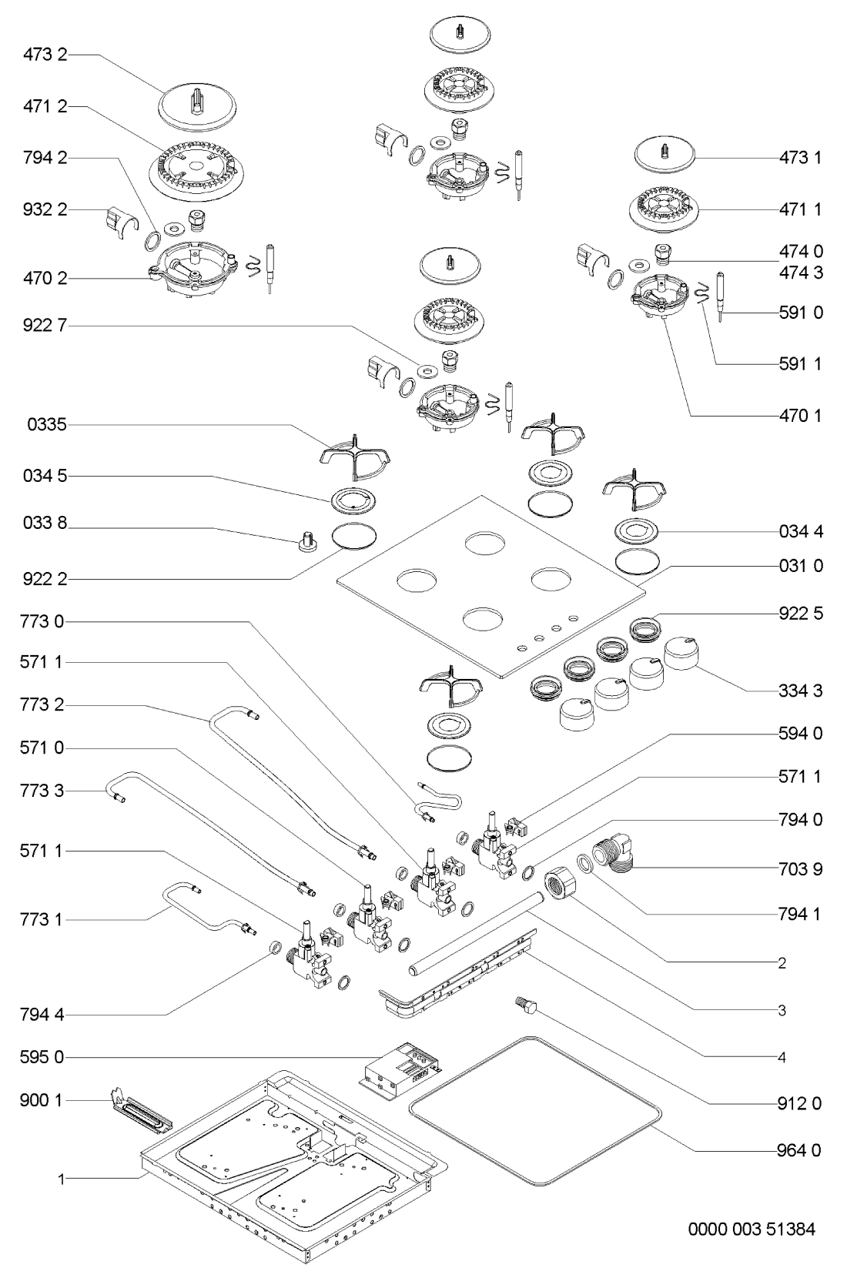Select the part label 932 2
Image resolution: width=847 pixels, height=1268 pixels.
[45, 210]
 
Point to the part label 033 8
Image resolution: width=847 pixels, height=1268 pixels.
[45, 527]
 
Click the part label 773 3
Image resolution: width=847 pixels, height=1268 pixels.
[45, 790]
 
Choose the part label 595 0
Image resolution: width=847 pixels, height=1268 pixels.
[45, 1058]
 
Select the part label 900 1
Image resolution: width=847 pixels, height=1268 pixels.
[45, 1101]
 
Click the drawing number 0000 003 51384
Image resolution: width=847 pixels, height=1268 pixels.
[751, 1230]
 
